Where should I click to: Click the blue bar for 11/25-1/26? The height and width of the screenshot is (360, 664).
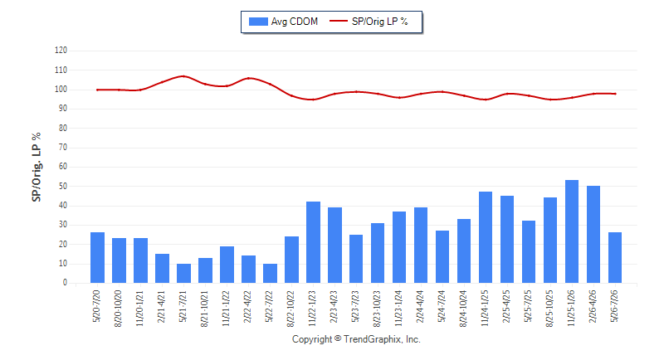click(x=572, y=231)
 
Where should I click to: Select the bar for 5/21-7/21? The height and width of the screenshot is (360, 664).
click(x=183, y=273)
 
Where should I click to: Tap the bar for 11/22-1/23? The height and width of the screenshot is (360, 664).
click(x=314, y=242)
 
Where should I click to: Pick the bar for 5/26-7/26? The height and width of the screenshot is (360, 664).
click(x=615, y=258)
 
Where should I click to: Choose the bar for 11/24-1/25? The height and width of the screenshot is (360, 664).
click(x=486, y=237)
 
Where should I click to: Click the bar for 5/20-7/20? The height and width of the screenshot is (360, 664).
click(x=97, y=258)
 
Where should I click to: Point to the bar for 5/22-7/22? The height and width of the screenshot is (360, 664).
click(x=271, y=273)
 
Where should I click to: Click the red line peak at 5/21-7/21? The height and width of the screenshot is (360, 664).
click(x=183, y=76)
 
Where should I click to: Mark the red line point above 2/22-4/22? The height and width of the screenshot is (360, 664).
click(x=248, y=78)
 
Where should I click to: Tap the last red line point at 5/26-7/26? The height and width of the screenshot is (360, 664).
click(x=615, y=94)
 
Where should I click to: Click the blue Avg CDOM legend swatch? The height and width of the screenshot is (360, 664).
click(x=258, y=22)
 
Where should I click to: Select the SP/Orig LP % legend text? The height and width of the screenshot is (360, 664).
click(x=380, y=22)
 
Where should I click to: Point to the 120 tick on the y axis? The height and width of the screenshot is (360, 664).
click(x=61, y=51)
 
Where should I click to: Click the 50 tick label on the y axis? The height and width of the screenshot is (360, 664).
click(x=63, y=186)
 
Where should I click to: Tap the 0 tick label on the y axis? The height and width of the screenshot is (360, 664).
click(x=66, y=283)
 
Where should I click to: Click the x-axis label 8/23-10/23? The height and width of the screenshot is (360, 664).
click(x=377, y=309)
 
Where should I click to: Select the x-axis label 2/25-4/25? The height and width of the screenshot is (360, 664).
click(x=506, y=307)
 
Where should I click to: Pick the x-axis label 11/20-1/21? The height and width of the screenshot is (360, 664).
click(x=139, y=309)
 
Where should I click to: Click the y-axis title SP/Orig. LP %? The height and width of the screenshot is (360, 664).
click(x=37, y=167)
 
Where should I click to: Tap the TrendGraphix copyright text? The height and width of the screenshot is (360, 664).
click(x=356, y=339)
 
